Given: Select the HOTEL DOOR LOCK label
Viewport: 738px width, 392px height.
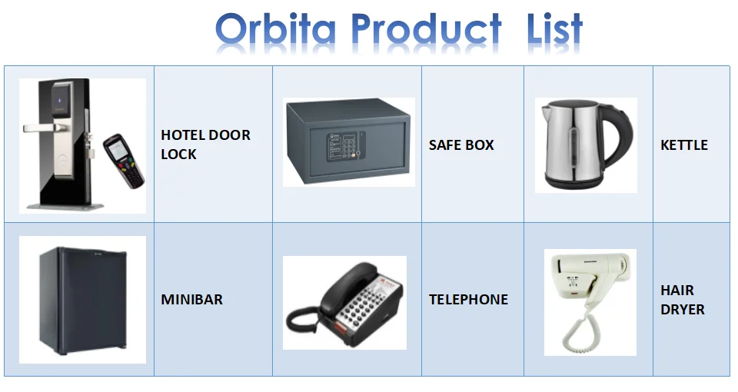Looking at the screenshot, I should coord(205,145).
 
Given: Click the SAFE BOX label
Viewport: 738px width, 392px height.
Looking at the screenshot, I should coord(461,145).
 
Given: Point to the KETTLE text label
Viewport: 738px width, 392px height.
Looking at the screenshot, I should coord(683,145).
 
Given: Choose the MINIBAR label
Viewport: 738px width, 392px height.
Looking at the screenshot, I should coord(191,299).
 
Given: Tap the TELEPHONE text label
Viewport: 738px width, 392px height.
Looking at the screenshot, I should coord(468,299).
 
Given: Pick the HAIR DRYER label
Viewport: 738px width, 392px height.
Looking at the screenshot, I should coord(682,300).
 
